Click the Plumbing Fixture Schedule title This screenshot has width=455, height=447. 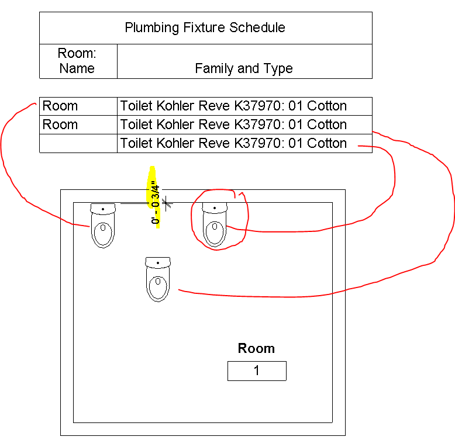click(x=205, y=27)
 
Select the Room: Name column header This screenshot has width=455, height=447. click(x=77, y=61)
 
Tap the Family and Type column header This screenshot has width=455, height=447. click(x=244, y=68)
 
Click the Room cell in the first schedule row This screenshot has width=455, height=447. click(x=60, y=106)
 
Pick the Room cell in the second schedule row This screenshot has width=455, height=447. click(x=60, y=124)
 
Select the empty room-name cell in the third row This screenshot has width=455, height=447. click(x=78, y=143)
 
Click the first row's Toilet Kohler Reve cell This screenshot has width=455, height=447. click(x=233, y=106)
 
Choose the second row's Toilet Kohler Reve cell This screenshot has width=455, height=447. click(x=233, y=124)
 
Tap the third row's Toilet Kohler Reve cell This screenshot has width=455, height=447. click(x=233, y=143)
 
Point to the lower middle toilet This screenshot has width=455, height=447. click(x=158, y=279)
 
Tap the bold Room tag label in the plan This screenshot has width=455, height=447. click(x=256, y=349)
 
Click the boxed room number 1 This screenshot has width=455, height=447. click(x=257, y=371)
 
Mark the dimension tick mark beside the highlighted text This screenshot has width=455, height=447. click(x=167, y=203)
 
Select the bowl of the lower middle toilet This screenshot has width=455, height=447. click(x=158, y=287)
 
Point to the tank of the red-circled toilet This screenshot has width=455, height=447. click(x=215, y=208)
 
